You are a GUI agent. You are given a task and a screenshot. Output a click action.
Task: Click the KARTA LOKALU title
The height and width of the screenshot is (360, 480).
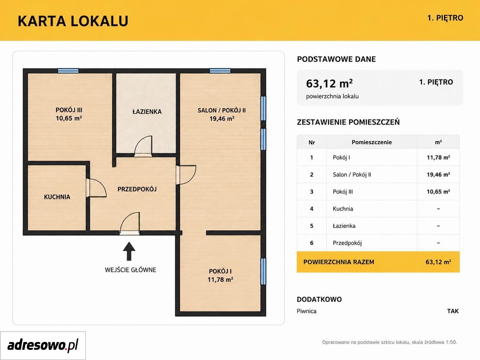(73, 21)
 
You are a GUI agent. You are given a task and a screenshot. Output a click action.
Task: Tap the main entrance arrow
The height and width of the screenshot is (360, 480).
(129, 251)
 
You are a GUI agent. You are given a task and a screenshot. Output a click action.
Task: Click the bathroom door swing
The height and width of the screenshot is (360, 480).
(143, 146)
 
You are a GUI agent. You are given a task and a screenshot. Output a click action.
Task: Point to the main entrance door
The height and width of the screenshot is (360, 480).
(129, 223)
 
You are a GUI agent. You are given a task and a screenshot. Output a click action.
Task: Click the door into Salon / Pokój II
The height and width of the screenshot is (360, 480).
(186, 175)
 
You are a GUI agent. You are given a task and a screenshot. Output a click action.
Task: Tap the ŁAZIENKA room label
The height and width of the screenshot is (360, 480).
(147, 112)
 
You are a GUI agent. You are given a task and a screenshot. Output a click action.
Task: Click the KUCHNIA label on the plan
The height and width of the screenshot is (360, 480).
(57, 197)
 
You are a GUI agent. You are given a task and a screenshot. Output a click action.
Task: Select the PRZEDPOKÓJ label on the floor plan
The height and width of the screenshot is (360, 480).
(137, 189)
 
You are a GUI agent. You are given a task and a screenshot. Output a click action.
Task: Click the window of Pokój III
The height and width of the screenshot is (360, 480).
(68, 70)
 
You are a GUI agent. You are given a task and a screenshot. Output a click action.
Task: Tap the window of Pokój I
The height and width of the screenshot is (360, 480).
(263, 271)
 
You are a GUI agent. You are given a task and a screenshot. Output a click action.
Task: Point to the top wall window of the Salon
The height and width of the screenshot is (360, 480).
(220, 70)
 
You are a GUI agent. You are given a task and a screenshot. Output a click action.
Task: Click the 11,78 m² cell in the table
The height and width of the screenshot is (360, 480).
(438, 157)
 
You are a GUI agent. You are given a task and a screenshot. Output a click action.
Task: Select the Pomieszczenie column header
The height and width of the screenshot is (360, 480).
(372, 142)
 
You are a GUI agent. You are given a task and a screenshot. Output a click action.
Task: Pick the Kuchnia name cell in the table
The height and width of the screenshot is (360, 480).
(343, 209)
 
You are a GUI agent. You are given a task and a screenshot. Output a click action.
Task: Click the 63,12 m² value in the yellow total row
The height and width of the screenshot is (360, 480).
(438, 262)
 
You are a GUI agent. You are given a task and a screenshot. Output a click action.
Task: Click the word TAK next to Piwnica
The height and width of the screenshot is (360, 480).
(453, 311)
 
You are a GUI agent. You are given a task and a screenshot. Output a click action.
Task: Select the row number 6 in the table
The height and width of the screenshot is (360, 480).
(312, 243)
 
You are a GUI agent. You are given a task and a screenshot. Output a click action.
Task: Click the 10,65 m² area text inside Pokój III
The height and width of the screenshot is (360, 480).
(69, 118)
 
